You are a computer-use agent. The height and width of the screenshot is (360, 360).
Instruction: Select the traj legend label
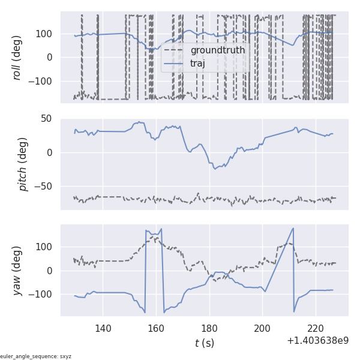194,63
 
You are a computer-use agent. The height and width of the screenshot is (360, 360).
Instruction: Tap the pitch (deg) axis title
23,164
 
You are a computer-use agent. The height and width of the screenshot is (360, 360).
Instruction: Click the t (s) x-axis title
204,343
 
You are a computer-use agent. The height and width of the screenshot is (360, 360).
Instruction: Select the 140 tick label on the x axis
103,328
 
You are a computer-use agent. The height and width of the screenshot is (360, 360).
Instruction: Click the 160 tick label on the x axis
156,328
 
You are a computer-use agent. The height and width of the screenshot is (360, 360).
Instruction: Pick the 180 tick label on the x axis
209,328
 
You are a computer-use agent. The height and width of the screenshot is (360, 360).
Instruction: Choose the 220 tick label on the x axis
316,328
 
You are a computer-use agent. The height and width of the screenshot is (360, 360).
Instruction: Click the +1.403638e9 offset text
317,341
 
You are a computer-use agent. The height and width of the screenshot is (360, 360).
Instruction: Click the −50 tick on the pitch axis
46,187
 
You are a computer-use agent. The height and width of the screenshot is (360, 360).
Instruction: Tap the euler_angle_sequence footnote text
36,356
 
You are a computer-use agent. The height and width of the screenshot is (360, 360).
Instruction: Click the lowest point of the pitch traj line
215,169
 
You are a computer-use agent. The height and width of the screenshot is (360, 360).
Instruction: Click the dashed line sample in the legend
172,50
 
